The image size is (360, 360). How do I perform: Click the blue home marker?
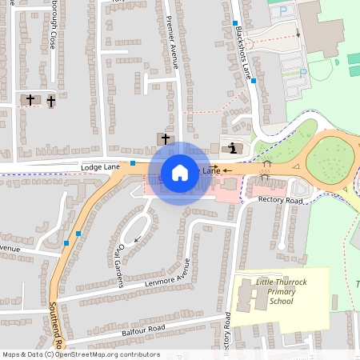(x=180, y=173)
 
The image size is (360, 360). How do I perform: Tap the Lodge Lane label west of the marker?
(x=100, y=166)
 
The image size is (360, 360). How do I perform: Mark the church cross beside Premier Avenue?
(x=166, y=139)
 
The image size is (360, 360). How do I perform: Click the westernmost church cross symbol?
(x=30, y=100)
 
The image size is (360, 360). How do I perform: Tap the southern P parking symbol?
(x=302, y=73)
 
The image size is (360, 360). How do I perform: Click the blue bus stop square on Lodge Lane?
(x=133, y=162)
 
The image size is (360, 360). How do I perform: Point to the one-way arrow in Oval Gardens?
(x=138, y=238)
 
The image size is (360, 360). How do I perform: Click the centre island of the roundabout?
(x=328, y=159)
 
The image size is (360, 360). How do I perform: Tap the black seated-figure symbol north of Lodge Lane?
(x=232, y=148)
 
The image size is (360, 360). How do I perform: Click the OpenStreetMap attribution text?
(x=80, y=354)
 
